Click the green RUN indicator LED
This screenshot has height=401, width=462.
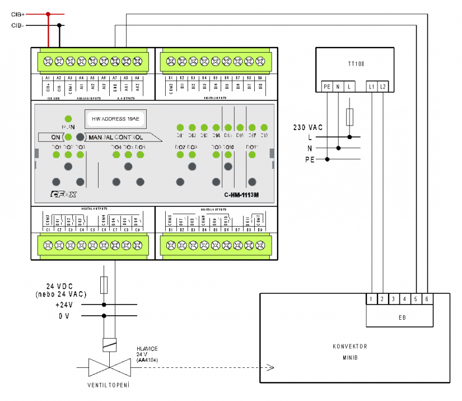(68, 119)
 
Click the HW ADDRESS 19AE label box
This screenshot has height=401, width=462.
(115, 118)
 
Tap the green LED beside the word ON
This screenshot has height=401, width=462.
(68, 137)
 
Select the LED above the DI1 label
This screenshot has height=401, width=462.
(180, 128)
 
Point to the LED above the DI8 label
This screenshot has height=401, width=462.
(264, 128)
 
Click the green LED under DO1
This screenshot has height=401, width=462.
(56, 154)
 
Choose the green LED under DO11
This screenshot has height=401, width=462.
(252, 154)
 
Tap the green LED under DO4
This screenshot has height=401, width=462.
(116, 154)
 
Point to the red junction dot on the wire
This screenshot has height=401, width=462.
(48, 14)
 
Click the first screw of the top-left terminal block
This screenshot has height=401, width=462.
(48, 61)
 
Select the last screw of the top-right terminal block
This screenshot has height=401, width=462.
(260, 61)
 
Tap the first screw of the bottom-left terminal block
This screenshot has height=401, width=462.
(48, 245)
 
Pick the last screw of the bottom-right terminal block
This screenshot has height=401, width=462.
(260, 245)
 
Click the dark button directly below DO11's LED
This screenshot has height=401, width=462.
(252, 181)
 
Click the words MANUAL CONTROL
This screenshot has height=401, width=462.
(116, 137)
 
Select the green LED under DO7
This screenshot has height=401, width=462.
(180, 154)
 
